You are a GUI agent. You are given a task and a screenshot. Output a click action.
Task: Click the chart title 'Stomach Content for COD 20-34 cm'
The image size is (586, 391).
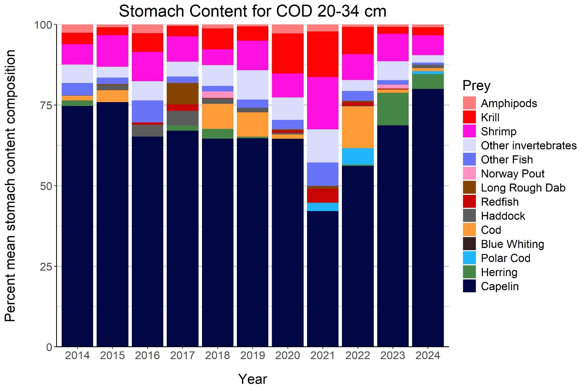click(x=252, y=11)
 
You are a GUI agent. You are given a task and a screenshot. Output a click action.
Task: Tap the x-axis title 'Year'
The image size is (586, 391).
click(x=253, y=379)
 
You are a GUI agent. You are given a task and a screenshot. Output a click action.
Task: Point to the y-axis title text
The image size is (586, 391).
click(x=10, y=186)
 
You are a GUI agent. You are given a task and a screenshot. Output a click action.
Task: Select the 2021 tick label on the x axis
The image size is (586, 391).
click(x=322, y=355)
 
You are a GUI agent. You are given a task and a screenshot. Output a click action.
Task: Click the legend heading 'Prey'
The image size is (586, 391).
click(x=476, y=86)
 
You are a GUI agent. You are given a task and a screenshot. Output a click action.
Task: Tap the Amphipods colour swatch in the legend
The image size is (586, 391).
click(x=469, y=103)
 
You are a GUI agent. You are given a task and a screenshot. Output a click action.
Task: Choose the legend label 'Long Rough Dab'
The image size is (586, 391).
click(x=523, y=188)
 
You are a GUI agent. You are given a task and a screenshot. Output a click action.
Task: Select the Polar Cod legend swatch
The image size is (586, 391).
click(x=469, y=258)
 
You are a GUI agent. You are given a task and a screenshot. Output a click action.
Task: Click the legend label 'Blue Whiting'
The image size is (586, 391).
click(x=512, y=244)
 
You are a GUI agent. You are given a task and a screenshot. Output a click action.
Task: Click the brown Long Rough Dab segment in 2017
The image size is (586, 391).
click(x=182, y=94)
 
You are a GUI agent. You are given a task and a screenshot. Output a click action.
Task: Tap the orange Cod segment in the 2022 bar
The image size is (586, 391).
click(x=358, y=127)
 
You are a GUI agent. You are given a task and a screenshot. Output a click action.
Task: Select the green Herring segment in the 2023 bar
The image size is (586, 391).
click(x=393, y=109)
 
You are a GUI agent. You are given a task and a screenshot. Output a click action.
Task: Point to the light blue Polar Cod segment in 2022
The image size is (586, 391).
click(x=358, y=156)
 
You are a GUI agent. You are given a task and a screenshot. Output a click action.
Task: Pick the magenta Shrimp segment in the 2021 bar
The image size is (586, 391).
click(x=322, y=103)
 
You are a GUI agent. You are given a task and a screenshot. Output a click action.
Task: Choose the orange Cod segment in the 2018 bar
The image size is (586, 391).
click(x=217, y=116)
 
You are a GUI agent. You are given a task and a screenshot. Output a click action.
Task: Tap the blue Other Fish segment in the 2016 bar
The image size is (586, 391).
click(x=148, y=111)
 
